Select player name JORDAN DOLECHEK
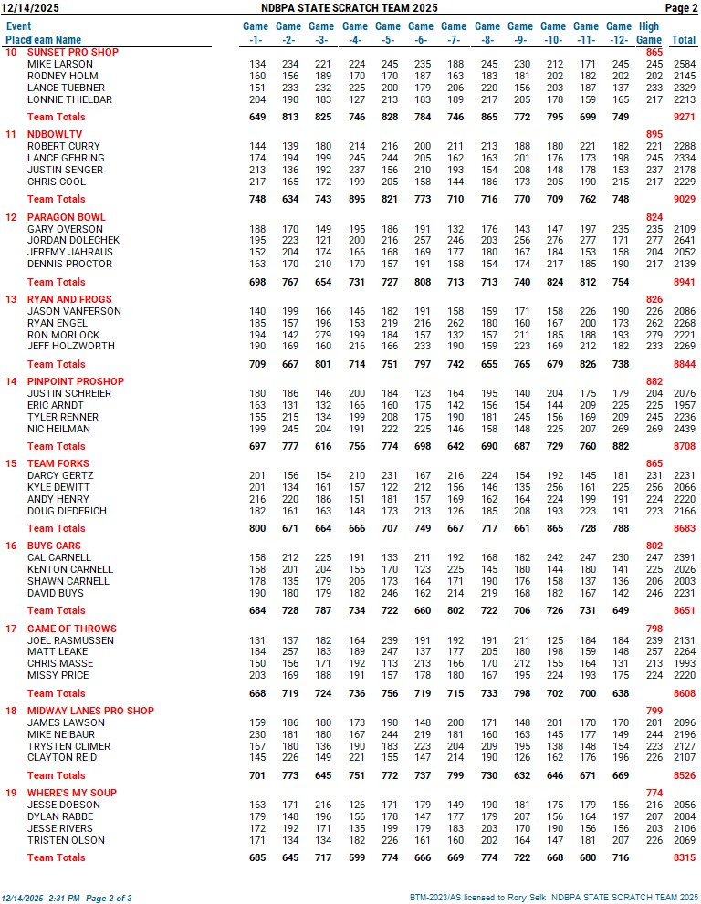(73, 240)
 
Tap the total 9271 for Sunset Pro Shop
(684, 117)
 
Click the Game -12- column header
(619, 33)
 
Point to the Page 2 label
(681, 8)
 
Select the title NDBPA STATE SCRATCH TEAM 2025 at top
(350, 8)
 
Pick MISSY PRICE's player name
(59, 676)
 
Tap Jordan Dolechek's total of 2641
(684, 240)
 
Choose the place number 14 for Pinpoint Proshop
(11, 381)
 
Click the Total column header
(684, 40)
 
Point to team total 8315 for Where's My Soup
(684, 857)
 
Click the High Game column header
(649, 33)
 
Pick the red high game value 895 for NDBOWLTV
(654, 134)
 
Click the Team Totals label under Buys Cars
(57, 610)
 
